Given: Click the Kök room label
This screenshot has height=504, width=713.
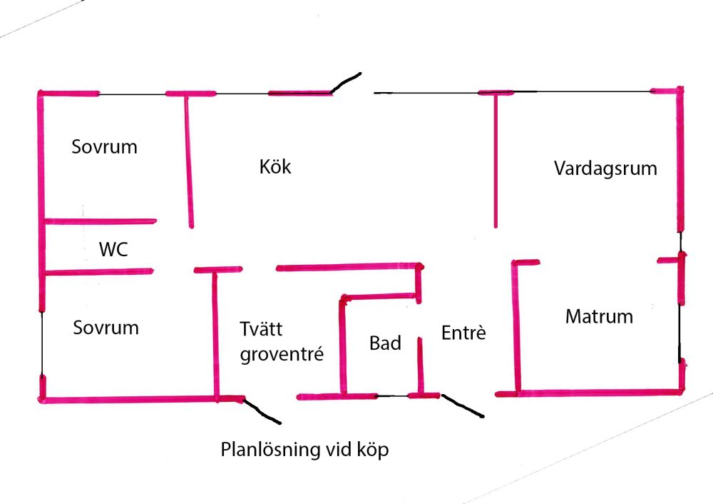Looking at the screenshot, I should [275, 168].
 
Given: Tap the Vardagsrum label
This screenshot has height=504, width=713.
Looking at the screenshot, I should [605, 169].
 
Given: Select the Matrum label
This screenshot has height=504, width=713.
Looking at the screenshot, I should [599, 316].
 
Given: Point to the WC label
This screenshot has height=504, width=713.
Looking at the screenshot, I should [113, 249].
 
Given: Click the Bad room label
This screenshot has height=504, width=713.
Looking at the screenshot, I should [385, 343].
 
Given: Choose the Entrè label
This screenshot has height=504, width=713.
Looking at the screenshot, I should [463, 333].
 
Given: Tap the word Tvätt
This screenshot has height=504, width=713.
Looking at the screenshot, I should [261, 330].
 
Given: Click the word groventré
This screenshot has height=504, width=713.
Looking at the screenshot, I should [282, 354].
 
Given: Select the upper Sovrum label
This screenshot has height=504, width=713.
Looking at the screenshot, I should [104, 147].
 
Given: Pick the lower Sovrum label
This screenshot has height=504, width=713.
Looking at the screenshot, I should [106, 328].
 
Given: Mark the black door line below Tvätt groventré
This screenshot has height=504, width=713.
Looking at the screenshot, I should [263, 411].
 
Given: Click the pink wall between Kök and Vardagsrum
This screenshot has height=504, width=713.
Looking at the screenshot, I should [495, 161].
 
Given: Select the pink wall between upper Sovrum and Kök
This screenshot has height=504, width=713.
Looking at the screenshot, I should [189, 161].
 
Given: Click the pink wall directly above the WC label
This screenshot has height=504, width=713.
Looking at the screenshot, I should [100, 221].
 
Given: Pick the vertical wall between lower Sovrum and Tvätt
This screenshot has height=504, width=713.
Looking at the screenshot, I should [215, 332].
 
